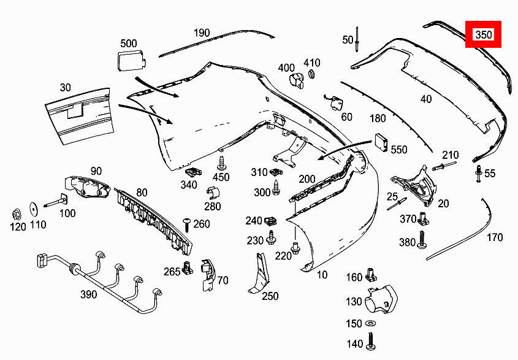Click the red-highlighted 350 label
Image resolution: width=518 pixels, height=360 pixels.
tap(484, 35)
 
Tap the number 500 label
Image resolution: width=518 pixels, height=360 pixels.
tap(129, 43)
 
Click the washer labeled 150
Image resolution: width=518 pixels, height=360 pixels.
tap(371, 323)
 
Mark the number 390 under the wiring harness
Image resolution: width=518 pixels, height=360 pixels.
tap(88, 294)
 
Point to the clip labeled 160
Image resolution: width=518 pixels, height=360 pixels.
tap(371, 275)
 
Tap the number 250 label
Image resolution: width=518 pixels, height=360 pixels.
tap(270, 296)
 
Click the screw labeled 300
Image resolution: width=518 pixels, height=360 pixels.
tap(277, 187)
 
